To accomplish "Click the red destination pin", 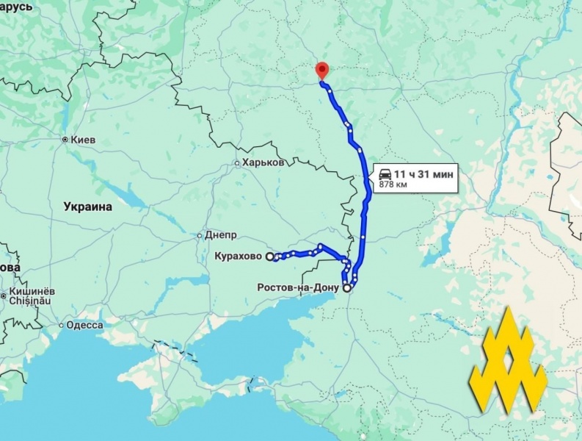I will click(x=321, y=71).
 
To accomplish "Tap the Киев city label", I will click(x=84, y=139).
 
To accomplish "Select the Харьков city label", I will click(x=263, y=162).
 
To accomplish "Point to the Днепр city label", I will click(x=221, y=236).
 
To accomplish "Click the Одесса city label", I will click(x=84, y=325).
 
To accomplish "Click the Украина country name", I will click(x=87, y=207).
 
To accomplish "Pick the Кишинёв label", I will click(x=32, y=292).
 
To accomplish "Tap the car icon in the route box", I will click(x=385, y=174).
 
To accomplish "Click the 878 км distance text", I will click(x=391, y=184).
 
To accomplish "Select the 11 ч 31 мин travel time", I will click(x=423, y=173).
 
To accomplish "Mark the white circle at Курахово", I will click(x=269, y=257).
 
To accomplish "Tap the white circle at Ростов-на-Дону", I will click(x=346, y=288).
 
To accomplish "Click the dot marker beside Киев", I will click(x=65, y=139).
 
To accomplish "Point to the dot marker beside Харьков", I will click(x=237, y=163).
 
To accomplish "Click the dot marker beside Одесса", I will click(x=61, y=325).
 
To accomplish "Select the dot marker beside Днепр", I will click(x=199, y=236).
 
